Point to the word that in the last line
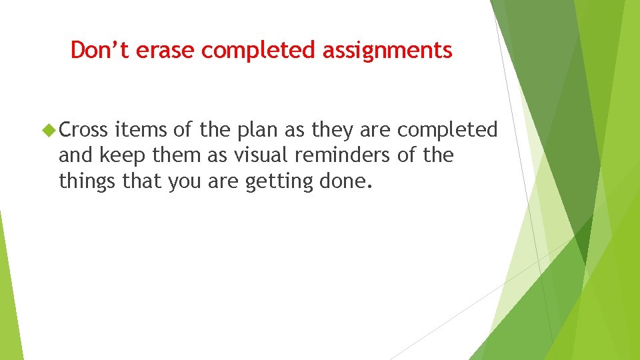tap(143, 181)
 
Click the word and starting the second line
tap(73, 155)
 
